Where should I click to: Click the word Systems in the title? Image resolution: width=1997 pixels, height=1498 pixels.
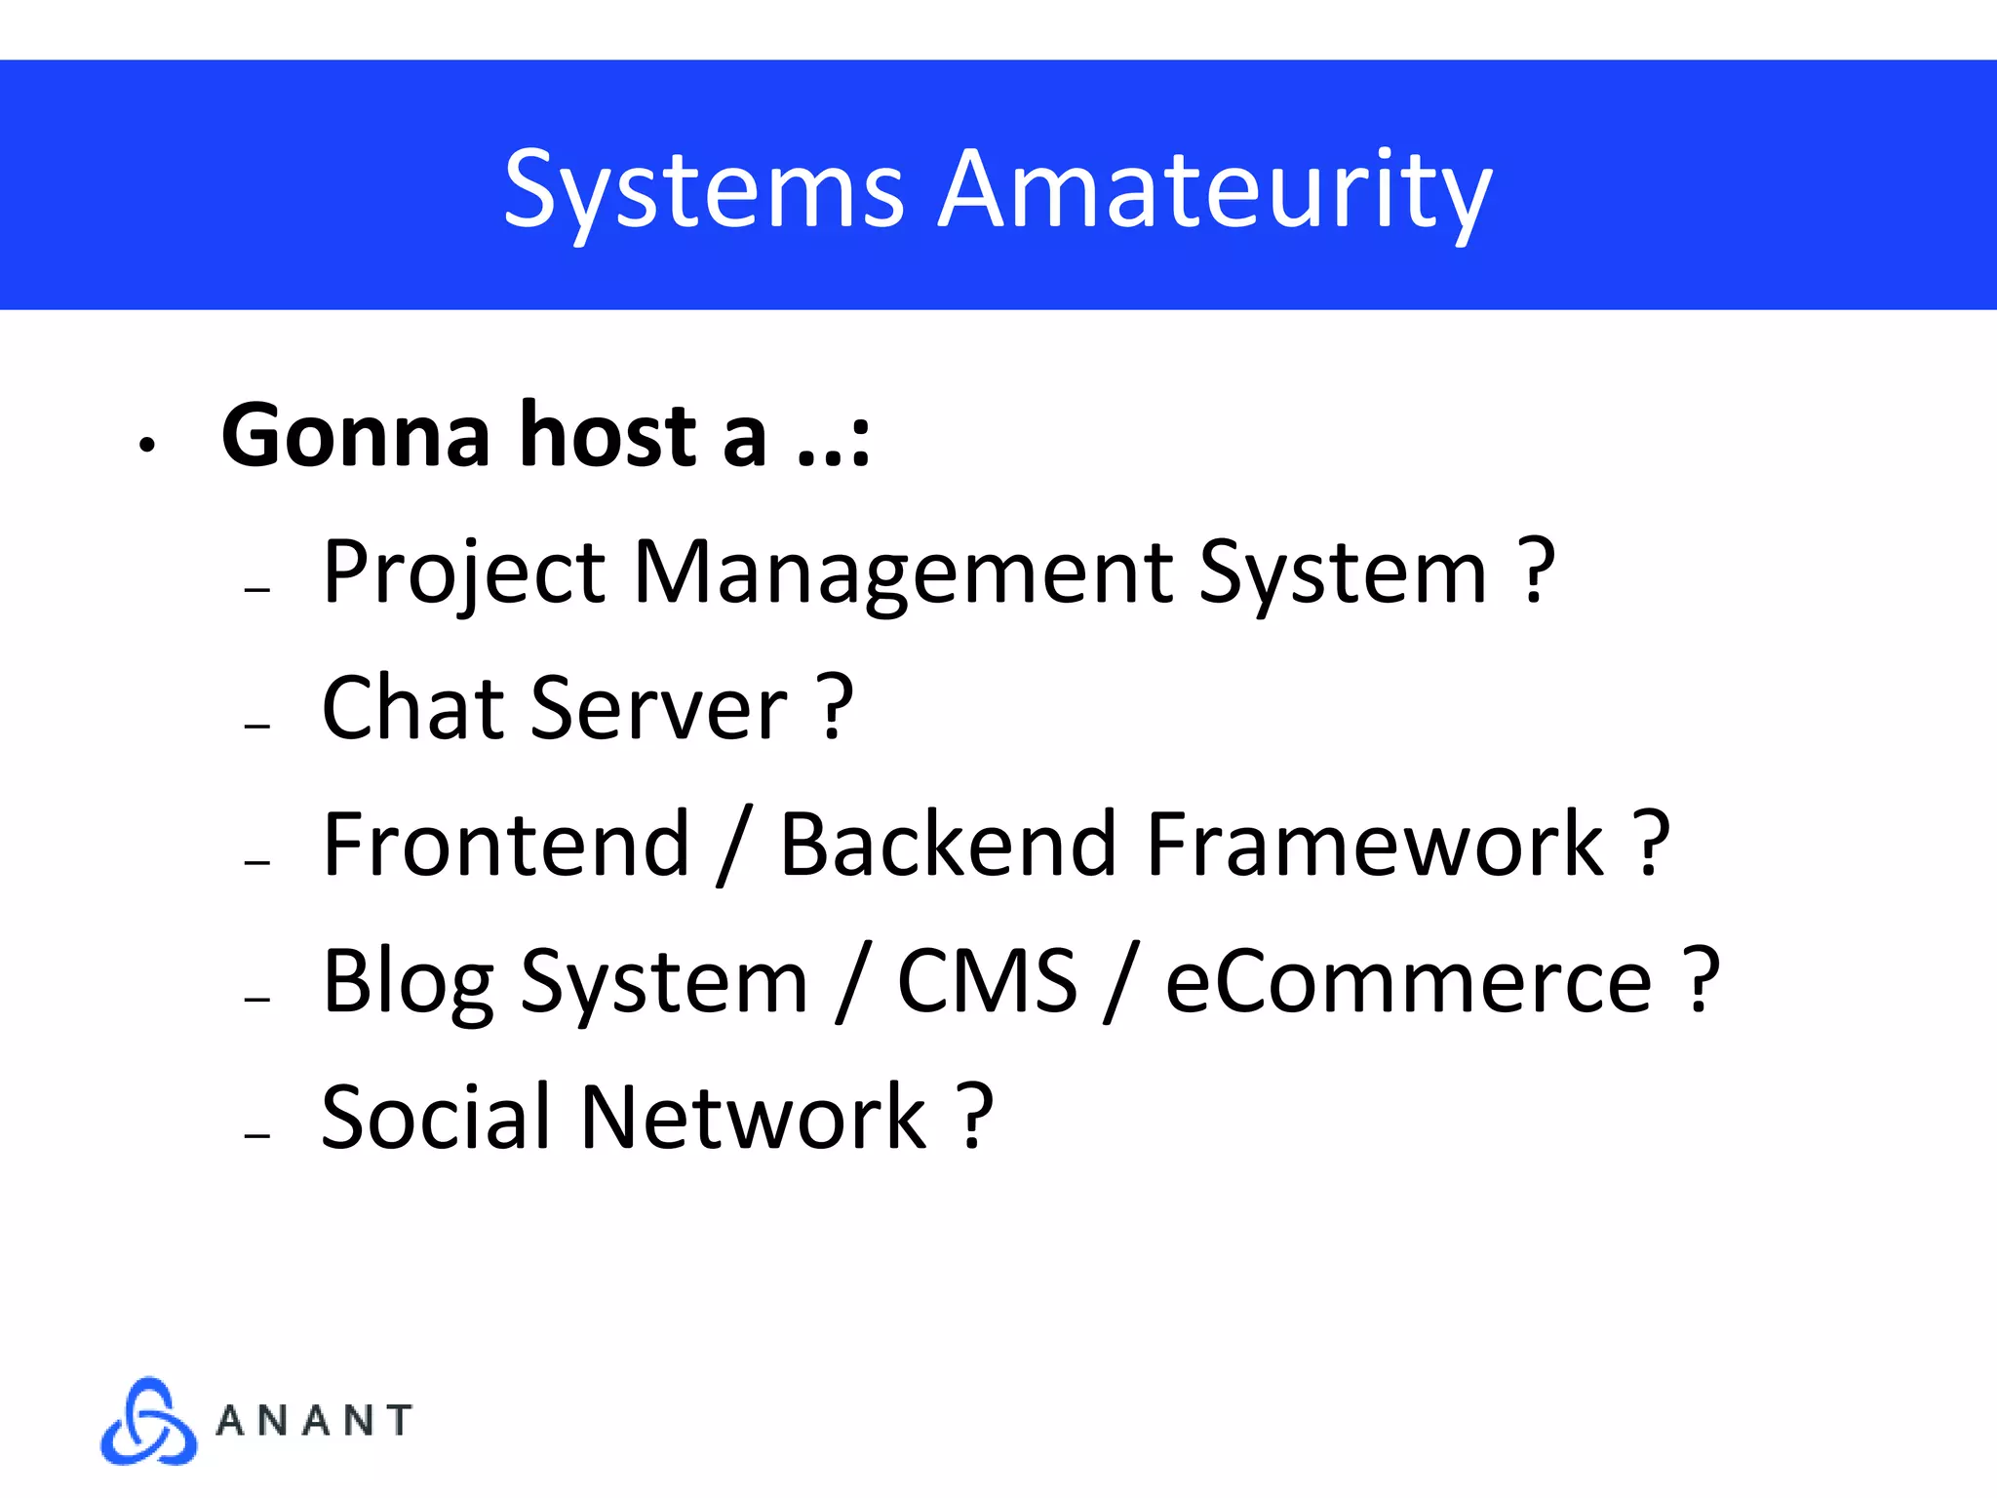tap(704, 190)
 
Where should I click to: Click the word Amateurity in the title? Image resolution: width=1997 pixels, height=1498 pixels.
tap(1214, 190)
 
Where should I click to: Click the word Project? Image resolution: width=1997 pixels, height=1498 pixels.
tap(464, 573)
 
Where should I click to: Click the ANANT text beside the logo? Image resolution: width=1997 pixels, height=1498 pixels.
tap(314, 1421)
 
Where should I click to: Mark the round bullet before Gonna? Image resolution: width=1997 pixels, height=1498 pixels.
tap(147, 446)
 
